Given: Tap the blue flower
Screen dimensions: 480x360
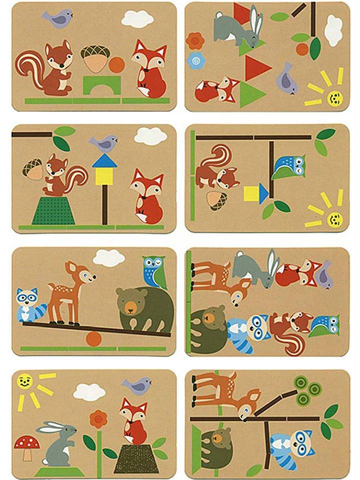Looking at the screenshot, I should click(196, 60).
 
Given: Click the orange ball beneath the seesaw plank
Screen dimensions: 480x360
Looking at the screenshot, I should click(93, 338).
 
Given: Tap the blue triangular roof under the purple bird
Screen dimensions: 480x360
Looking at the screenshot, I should click(104, 161).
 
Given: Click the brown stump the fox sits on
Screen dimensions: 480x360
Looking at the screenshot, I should click(136, 458).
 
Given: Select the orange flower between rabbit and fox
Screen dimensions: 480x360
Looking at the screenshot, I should click(98, 419).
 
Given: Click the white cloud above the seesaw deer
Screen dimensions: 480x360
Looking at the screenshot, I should click(108, 258).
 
